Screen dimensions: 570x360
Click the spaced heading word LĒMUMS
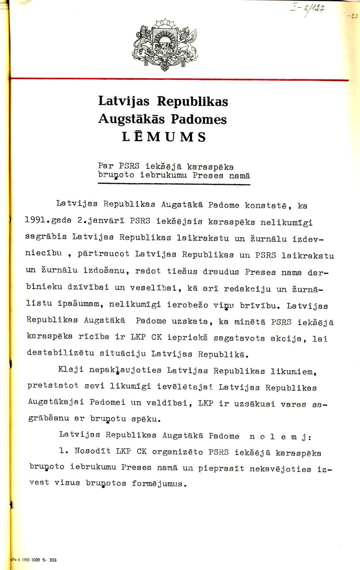(x=164, y=137)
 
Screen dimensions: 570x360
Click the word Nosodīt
(x=89, y=453)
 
